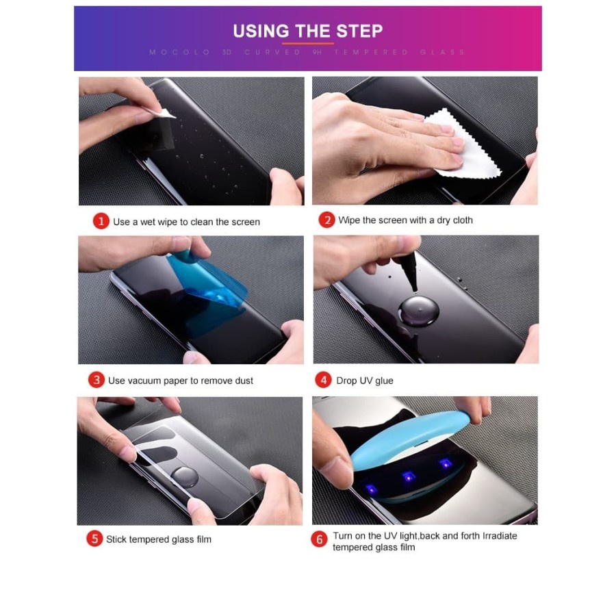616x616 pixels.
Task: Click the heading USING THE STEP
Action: coord(307,31)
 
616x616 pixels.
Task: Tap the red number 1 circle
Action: coord(101,221)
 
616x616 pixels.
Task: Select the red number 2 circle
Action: coord(327,220)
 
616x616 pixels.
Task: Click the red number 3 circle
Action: coord(97,380)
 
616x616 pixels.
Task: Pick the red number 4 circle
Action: coord(323,380)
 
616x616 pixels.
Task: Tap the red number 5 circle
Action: coord(94,539)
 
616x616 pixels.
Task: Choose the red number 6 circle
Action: coord(319,539)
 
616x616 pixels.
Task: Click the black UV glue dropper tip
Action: coord(410,271)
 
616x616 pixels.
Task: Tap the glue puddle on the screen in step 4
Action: coord(418,310)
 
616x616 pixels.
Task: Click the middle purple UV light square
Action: coord(409,477)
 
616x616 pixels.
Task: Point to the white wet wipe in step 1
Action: coord(162,112)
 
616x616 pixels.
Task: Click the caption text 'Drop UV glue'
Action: coord(365,381)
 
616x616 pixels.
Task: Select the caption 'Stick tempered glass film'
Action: coord(159,539)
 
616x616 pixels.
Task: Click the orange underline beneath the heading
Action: coord(307,43)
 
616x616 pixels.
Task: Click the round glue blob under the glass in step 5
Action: coord(185,476)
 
